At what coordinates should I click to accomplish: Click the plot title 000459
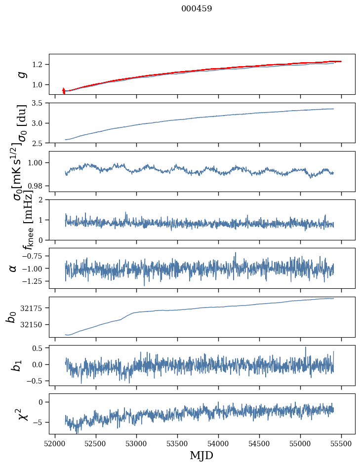197,9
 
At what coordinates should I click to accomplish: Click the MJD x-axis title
201,455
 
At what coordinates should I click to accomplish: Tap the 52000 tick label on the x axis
55,443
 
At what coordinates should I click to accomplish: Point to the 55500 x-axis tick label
341,443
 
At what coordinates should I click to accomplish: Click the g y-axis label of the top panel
21,74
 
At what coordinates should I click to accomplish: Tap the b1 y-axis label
17,365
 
